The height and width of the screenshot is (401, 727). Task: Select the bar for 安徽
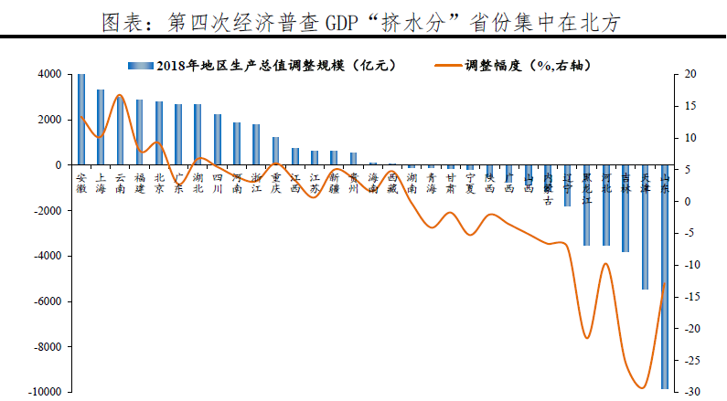click(x=81, y=120)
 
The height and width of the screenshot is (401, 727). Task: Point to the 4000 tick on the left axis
click(x=49, y=74)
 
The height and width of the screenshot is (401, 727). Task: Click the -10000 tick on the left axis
click(x=46, y=392)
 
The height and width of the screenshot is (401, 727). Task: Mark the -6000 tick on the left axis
click(x=48, y=301)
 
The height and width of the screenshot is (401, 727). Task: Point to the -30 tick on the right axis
click(x=690, y=392)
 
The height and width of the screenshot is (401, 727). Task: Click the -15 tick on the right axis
click(x=690, y=297)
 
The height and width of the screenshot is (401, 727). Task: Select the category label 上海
click(x=101, y=183)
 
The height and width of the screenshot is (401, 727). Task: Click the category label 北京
click(x=159, y=183)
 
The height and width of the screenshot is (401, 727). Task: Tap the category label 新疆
click(x=334, y=183)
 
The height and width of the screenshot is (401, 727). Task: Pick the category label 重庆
click(x=275, y=183)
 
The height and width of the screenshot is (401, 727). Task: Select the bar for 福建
click(x=139, y=132)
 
